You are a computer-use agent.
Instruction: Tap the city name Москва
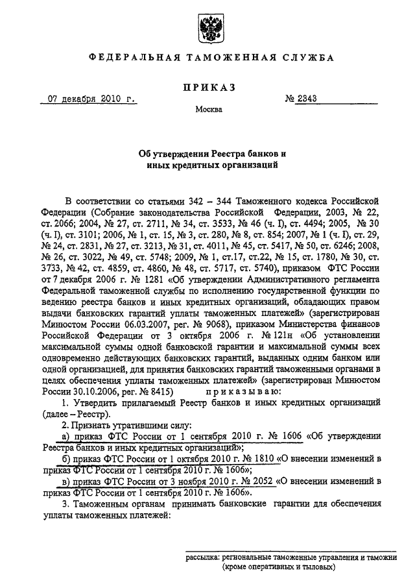point(207,110)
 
